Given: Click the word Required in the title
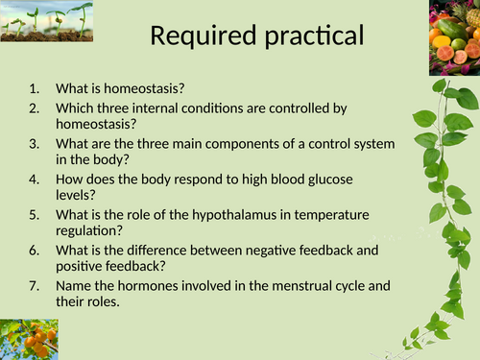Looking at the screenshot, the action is click(204, 36).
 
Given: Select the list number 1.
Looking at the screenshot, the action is click(35, 88).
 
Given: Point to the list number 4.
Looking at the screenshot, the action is click(35, 180).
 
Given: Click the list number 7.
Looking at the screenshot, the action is click(35, 286).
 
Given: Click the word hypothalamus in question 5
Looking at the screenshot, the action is click(234, 215).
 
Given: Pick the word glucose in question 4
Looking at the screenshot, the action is click(330, 180).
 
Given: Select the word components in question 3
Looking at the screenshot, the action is click(242, 145).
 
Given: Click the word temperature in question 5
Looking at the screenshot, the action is click(331, 215).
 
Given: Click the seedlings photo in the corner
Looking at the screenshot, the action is click(47, 21).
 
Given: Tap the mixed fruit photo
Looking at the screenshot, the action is click(454, 37).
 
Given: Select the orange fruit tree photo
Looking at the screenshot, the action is click(29, 339).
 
